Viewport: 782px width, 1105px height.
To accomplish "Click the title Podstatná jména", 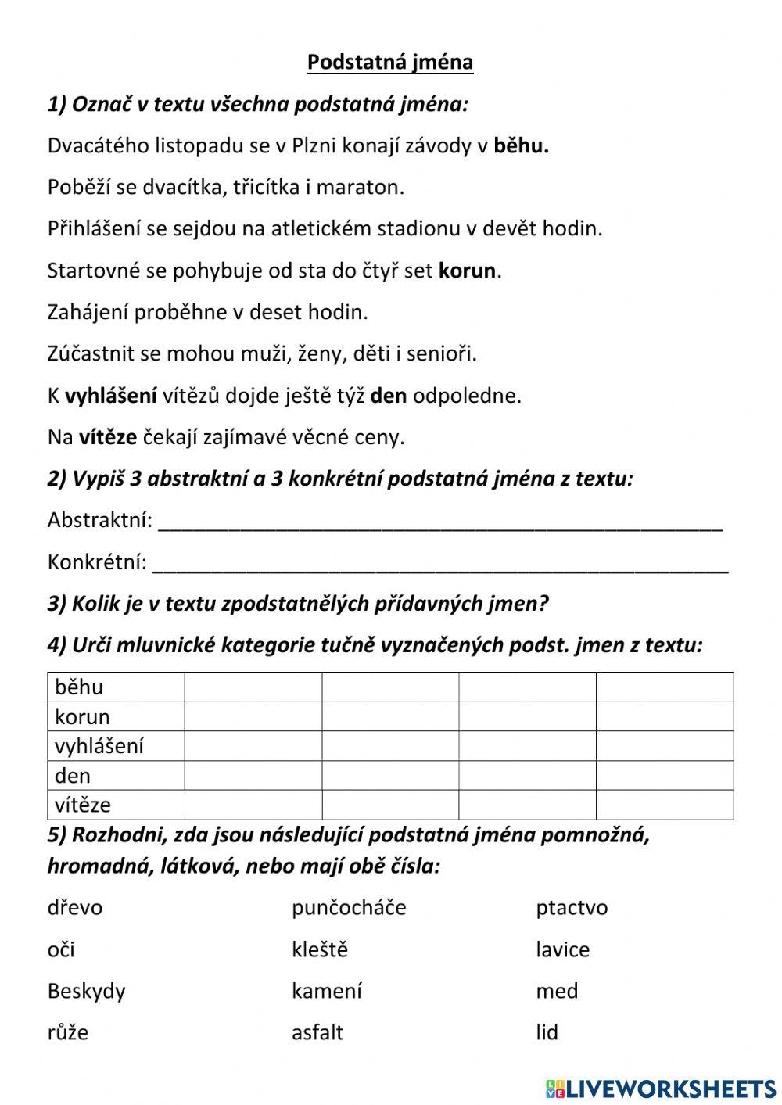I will [390, 62].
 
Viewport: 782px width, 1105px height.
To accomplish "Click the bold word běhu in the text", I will [521, 145].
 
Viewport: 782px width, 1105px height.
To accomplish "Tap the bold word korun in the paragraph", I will [468, 271].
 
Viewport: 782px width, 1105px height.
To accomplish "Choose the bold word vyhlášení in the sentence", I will [110, 396].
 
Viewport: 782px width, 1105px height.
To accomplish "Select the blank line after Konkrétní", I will [440, 564].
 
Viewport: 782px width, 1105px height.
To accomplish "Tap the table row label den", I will [73, 776].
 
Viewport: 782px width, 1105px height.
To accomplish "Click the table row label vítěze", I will [83, 805].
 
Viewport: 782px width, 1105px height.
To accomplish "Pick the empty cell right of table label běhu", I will [253, 687].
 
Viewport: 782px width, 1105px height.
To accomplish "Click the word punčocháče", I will [349, 908].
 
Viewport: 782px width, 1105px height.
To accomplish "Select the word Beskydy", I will [86, 992].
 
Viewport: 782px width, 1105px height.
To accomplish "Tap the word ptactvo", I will [572, 908].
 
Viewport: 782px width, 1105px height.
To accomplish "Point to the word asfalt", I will [317, 1032].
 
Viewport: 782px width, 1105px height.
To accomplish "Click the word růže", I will [68, 1033].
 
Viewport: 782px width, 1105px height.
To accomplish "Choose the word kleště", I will [320, 949].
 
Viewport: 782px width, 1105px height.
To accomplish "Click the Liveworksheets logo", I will [660, 1088].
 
